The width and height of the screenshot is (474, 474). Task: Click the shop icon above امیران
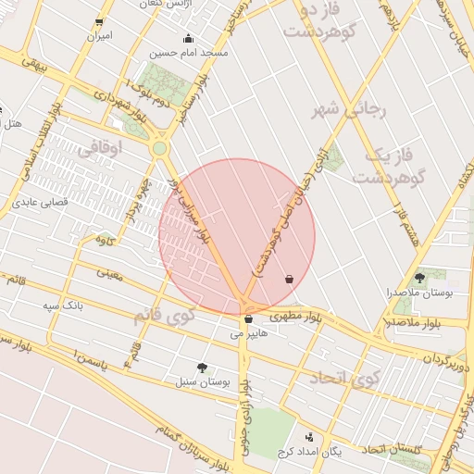pyautogui.click(x=99, y=22)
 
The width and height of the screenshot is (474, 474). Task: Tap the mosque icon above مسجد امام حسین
pyautogui.click(x=189, y=38)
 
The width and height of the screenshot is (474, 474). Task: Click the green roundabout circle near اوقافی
pyautogui.click(x=159, y=147)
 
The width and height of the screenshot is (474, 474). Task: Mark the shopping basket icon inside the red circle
pyautogui.click(x=290, y=279)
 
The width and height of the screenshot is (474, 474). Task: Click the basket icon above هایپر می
pyautogui.click(x=248, y=318)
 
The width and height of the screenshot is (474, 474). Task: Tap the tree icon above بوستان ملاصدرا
pyautogui.click(x=419, y=277)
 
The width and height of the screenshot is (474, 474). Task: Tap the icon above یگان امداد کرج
pyautogui.click(x=309, y=437)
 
